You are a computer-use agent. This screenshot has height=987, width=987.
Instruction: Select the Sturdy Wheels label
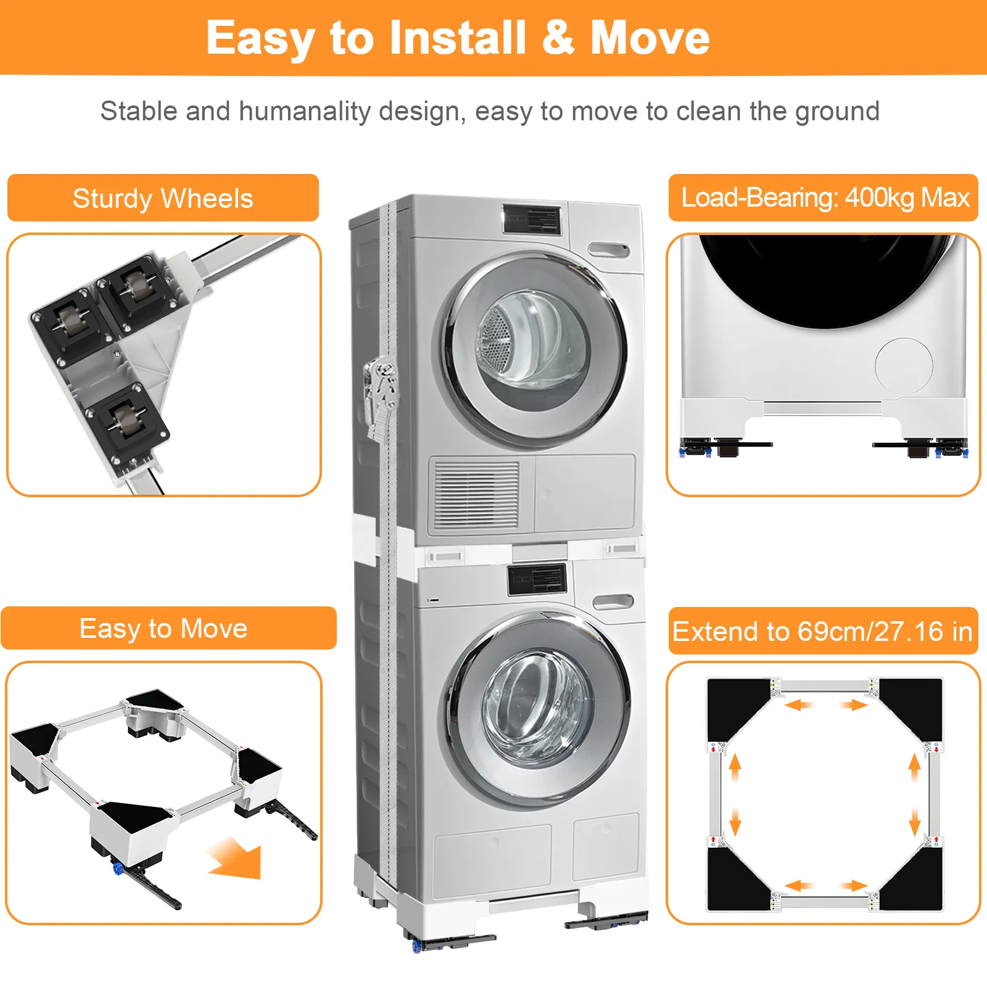[163, 198]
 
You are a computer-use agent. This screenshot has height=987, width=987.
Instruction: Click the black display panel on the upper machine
[532, 220]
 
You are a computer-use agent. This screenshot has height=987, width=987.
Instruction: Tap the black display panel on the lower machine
[537, 579]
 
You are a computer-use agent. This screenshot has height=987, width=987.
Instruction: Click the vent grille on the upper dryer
[476, 495]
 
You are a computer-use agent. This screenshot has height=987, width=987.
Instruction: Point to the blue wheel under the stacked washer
[417, 945]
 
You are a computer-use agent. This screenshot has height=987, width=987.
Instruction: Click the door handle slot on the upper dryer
[608, 250]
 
